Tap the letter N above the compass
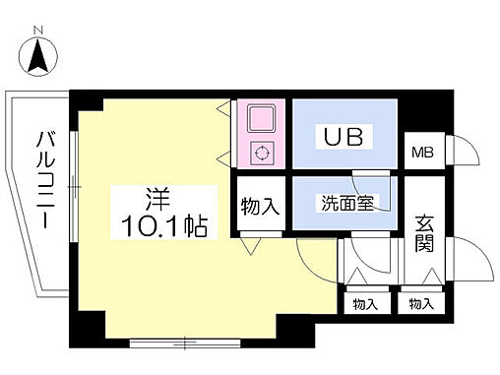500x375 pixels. (39, 31)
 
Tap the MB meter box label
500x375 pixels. (422, 152)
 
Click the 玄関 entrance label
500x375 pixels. (423, 232)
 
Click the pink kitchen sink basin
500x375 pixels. (261, 119)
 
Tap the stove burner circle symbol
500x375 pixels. (262, 153)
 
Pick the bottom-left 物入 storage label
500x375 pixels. (366, 304)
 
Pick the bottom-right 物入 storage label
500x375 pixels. (421, 304)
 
